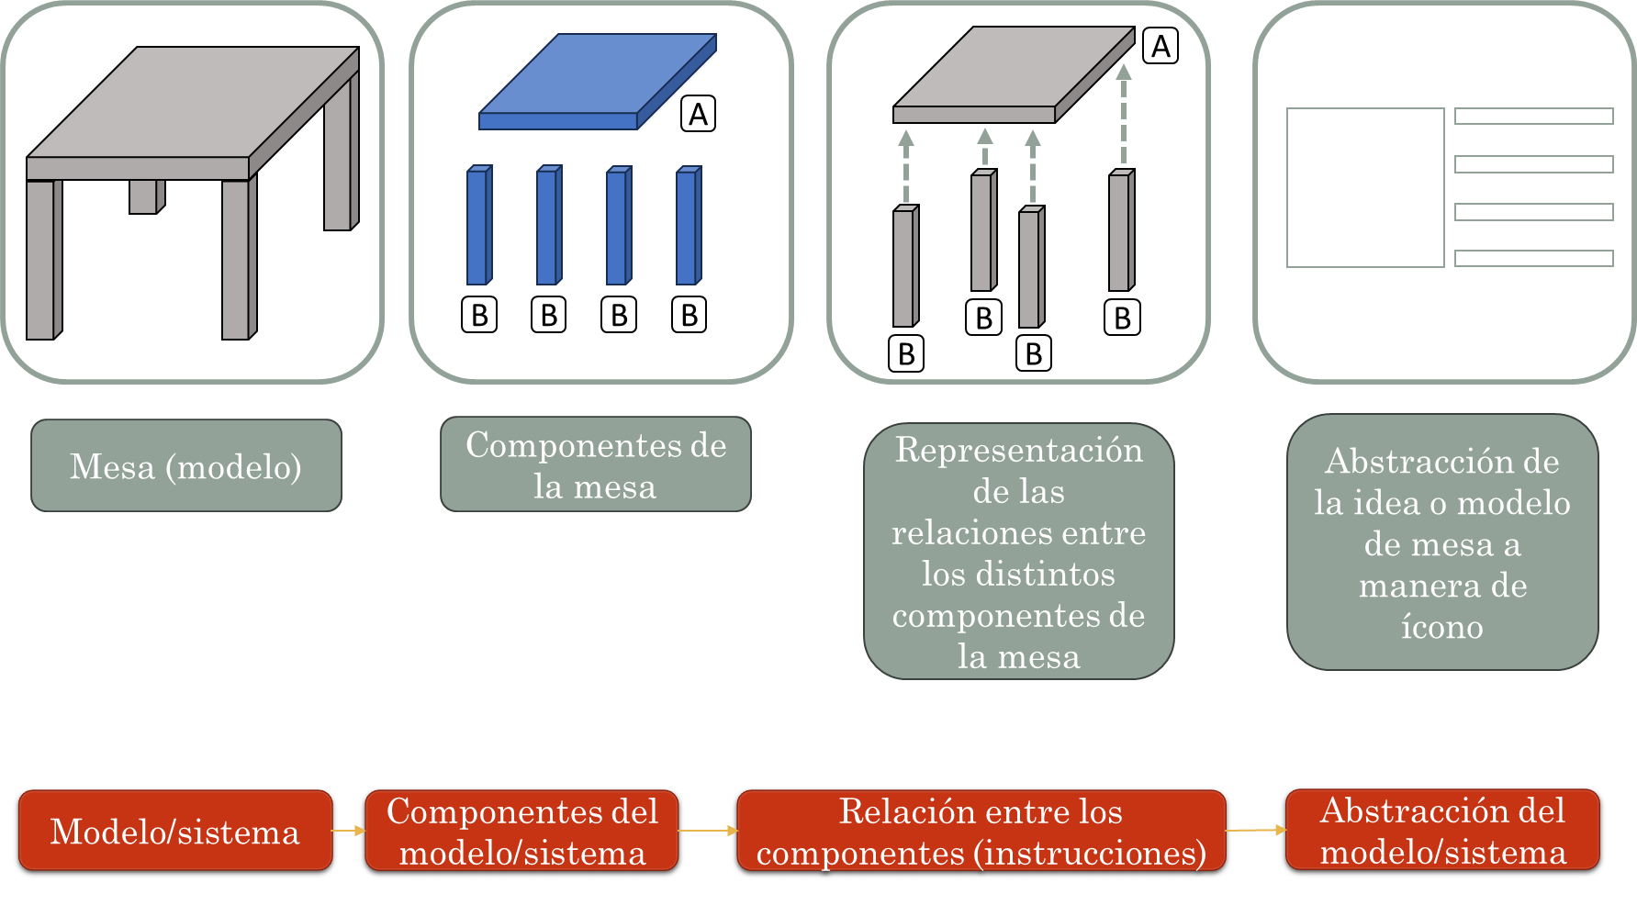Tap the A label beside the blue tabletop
point(699,115)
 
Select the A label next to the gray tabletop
point(1160,46)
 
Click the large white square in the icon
point(1365,187)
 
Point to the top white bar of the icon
point(1533,116)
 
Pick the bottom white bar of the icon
point(1533,258)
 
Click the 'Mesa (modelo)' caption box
point(186,466)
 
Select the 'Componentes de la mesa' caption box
point(596,464)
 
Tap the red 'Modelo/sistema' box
point(175,831)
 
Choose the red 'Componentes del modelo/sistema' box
point(521,831)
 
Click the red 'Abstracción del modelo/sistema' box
point(1442,830)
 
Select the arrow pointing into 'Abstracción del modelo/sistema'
point(1256,830)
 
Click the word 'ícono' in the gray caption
point(1441,627)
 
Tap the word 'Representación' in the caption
point(1019,450)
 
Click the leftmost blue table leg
point(478,226)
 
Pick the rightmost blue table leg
point(688,226)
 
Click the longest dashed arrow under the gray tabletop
point(1124,115)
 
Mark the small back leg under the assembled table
point(145,196)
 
